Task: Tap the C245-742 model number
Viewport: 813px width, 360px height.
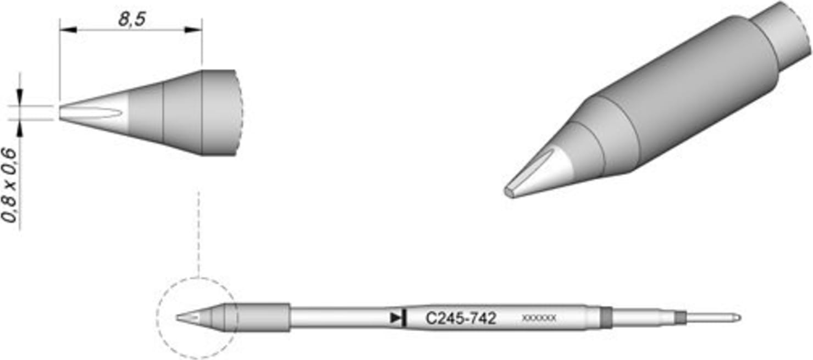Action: [461, 318]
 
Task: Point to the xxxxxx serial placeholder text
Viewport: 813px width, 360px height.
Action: [539, 318]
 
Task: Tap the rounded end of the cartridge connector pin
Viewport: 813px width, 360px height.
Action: [738, 318]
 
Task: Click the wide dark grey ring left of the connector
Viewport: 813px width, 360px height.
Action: [606, 317]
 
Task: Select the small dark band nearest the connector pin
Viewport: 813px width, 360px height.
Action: [681, 317]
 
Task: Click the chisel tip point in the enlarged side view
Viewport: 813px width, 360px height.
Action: [60, 113]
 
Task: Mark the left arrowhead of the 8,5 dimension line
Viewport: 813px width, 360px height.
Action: [65, 30]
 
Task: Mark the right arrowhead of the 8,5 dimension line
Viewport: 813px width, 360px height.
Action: [197, 30]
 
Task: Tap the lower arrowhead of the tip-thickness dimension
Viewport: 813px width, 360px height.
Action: [21, 126]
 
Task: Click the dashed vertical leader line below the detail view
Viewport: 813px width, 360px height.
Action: [198, 231]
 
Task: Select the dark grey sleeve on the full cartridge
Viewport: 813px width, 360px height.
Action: [263, 317]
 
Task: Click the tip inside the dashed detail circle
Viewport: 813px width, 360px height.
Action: [187, 317]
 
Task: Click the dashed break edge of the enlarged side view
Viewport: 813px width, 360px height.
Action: [240, 113]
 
